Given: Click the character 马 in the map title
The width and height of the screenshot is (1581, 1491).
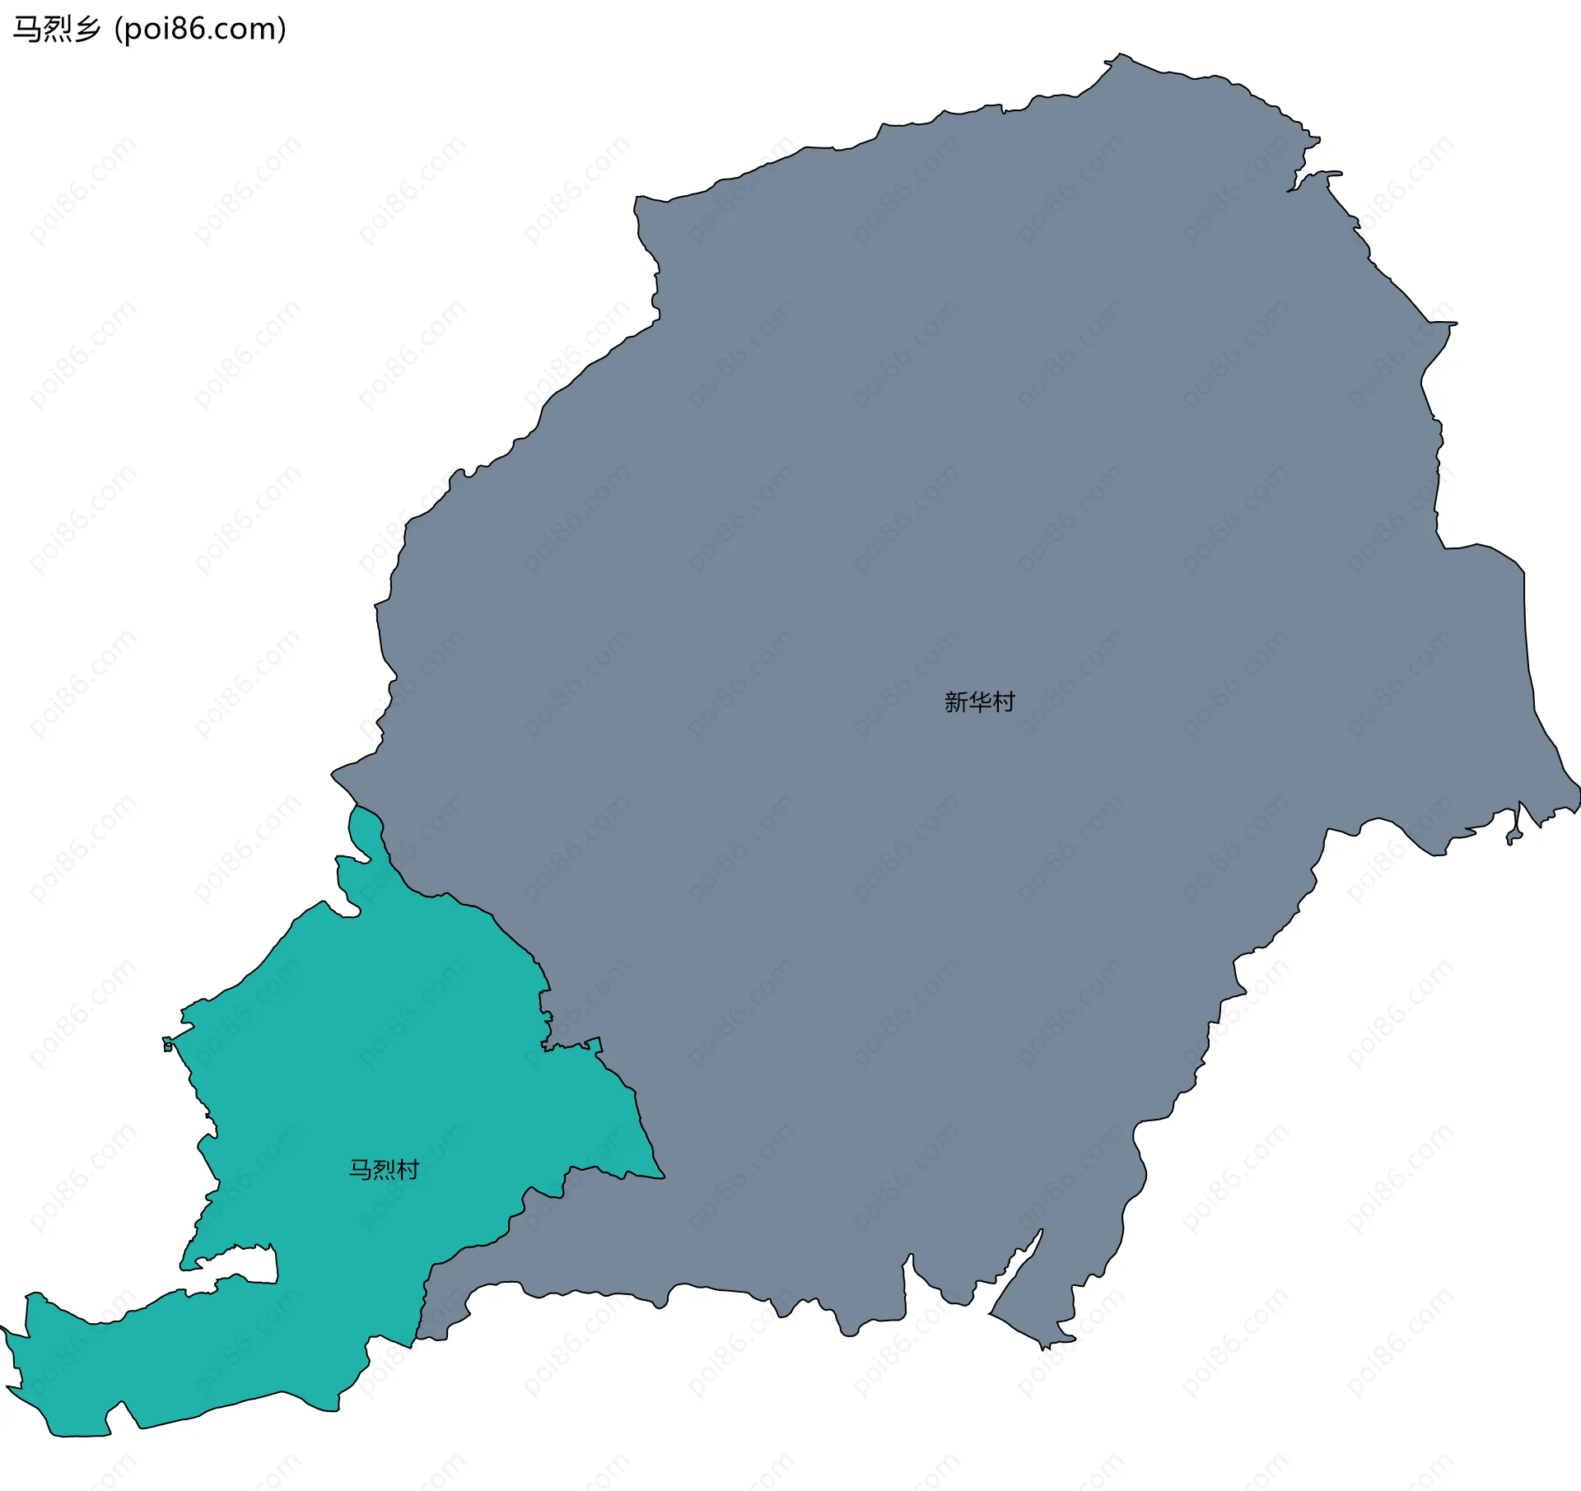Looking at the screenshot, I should [x=27, y=30].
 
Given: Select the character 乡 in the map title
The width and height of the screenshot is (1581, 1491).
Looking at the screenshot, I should [x=86, y=30].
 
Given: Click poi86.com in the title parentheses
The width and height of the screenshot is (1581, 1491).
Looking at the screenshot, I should [x=200, y=30].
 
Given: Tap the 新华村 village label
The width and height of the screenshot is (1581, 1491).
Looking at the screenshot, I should [x=979, y=702].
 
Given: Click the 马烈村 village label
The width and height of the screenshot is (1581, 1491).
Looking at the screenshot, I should [x=384, y=1169].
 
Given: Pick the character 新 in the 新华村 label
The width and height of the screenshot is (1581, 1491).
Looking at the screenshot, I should [x=956, y=702].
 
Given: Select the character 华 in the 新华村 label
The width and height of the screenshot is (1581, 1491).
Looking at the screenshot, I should [x=979, y=702].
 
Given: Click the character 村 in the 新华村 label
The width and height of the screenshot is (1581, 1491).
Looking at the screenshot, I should [x=1003, y=702].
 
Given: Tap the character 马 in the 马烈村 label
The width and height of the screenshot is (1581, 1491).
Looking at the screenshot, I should [x=361, y=1169].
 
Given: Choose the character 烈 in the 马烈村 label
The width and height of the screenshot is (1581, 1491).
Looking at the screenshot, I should [x=384, y=1169].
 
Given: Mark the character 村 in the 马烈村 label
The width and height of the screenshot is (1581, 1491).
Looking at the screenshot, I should [x=408, y=1169].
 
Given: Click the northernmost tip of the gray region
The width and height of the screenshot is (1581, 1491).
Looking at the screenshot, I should [x=1118, y=56].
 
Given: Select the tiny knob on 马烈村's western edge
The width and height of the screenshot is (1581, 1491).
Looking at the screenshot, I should [x=167, y=1044].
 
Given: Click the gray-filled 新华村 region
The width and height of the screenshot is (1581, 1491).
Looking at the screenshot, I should [x=906, y=494].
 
